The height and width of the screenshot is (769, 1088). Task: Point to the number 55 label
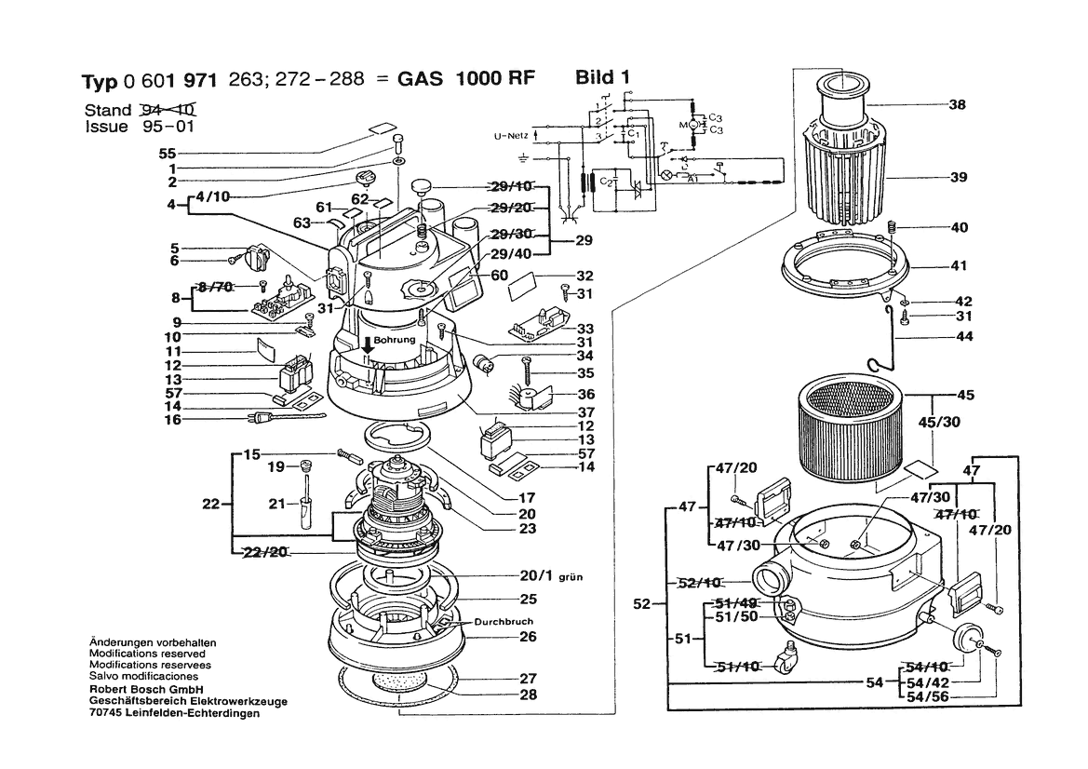coord(167,153)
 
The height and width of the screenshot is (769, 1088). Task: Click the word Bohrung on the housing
coord(395,340)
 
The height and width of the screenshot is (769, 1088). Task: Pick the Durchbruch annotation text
coord(504,621)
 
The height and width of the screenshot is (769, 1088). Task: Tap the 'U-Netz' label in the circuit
coord(511,137)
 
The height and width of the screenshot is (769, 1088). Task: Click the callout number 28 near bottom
coord(529,695)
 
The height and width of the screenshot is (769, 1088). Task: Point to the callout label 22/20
coord(265,553)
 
